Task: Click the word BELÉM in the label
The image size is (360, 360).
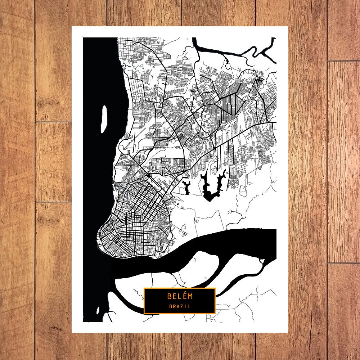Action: pyautogui.click(x=180, y=296)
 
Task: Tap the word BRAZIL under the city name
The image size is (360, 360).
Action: pyautogui.click(x=180, y=307)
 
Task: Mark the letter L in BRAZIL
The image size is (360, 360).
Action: pyautogui.click(x=189, y=307)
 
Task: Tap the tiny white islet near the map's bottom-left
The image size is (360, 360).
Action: pyautogui.click(x=98, y=310)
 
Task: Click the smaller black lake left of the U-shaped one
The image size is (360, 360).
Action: pyautogui.click(x=187, y=187)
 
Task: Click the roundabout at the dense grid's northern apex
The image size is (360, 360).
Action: pyautogui.click(x=148, y=175)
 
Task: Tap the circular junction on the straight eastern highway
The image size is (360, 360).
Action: pyautogui.click(x=214, y=148)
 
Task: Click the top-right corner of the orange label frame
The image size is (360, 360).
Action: pyautogui.click(x=215, y=288)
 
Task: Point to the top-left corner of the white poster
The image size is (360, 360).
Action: pyautogui.click(x=72, y=27)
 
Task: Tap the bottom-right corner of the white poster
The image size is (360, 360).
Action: pyautogui.click(x=288, y=333)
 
